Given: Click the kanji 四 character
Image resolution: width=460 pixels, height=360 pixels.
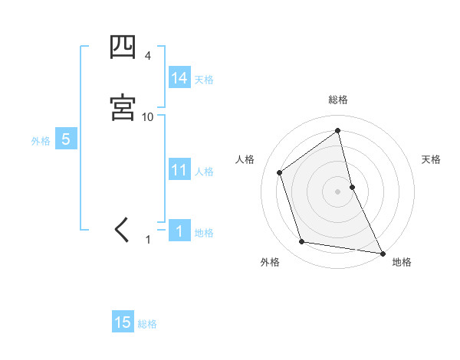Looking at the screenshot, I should (x=123, y=47).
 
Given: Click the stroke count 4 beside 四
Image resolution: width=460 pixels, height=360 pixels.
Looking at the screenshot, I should (x=148, y=56).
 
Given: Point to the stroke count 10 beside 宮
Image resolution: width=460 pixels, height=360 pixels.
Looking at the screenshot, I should (x=148, y=116).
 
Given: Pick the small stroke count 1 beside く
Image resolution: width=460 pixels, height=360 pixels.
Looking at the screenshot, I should (x=149, y=240).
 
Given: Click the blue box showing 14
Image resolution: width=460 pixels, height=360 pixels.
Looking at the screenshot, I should (x=179, y=78).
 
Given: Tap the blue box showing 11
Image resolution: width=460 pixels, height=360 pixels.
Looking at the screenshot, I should (x=179, y=170).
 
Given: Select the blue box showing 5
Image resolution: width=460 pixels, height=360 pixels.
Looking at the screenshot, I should (x=66, y=139).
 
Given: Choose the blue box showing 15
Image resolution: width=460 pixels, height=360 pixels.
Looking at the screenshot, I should (x=123, y=322).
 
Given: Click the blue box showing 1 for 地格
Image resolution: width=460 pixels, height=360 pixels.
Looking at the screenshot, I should (x=179, y=231).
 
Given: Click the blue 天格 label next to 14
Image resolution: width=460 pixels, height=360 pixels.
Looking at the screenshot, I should (x=204, y=79).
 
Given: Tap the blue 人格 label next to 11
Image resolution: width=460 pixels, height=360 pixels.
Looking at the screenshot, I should (x=204, y=171).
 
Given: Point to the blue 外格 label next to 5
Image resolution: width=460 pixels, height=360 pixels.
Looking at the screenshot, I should (x=41, y=140).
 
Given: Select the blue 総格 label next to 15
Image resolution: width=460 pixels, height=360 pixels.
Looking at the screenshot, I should (x=147, y=323).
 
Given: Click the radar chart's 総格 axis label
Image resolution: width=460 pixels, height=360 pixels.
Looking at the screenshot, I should (x=338, y=100).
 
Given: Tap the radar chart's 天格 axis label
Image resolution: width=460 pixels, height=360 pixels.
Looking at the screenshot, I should (x=432, y=159).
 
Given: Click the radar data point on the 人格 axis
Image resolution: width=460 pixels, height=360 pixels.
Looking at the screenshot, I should (x=280, y=172).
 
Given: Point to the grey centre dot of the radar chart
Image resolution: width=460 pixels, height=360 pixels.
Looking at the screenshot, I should (x=338, y=191).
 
